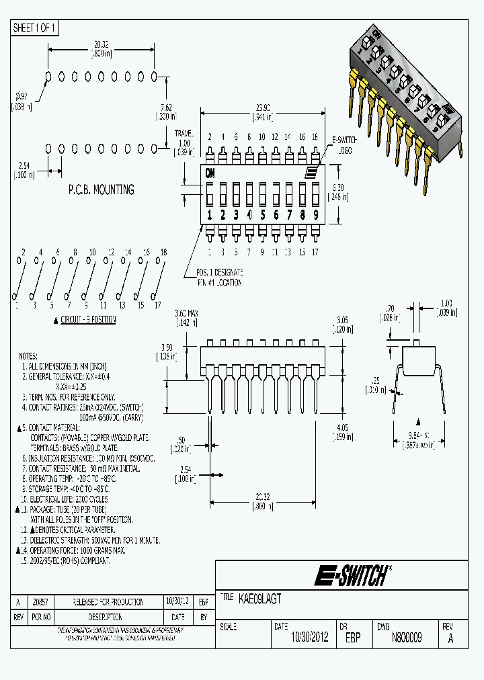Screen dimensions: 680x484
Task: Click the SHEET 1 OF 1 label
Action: [x=35, y=28]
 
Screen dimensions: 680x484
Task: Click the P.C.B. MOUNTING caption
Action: [x=101, y=189]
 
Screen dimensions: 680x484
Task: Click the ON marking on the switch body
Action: [x=210, y=171]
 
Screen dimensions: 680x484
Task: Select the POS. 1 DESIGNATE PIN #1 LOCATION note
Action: [x=219, y=277]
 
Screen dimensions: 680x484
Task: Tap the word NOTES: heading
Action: [x=29, y=355]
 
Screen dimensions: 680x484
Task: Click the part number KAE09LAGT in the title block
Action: [x=260, y=597]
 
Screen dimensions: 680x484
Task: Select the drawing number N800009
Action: [x=406, y=638]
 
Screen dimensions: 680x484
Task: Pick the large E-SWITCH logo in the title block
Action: [x=350, y=575]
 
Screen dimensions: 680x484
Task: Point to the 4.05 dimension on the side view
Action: [x=342, y=431]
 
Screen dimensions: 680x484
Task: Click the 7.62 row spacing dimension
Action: [x=165, y=111]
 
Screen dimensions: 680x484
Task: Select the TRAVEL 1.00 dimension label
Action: [x=184, y=142]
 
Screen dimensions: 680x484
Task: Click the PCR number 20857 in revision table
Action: [x=41, y=602]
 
